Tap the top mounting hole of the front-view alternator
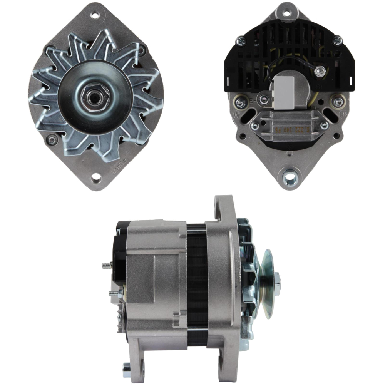[94, 16]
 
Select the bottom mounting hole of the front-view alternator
[96, 178]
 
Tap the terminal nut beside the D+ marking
[338, 102]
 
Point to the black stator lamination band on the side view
[197, 285]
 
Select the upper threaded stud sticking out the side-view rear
[106, 265]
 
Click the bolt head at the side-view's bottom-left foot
[126, 371]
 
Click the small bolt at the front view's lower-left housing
[51, 140]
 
